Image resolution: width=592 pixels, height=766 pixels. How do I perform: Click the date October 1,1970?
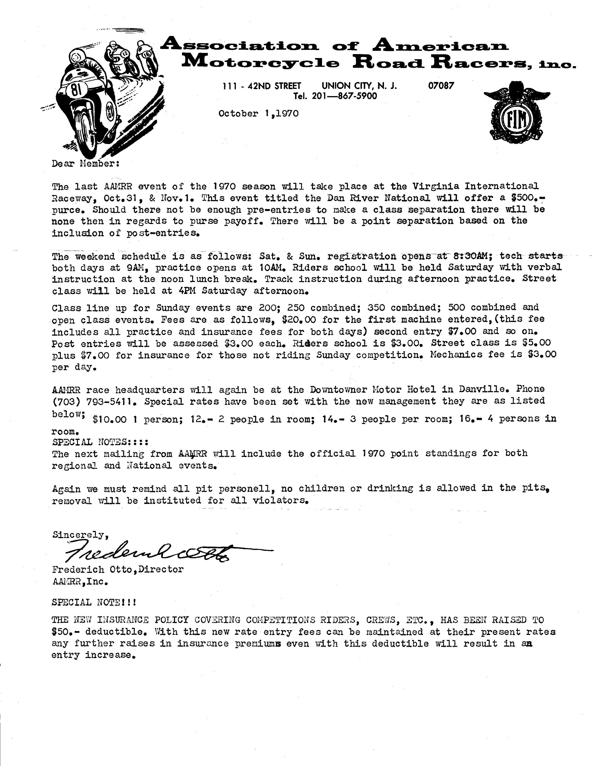coord(258,113)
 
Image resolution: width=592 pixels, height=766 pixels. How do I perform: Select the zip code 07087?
coord(441,86)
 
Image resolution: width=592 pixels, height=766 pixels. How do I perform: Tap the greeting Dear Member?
coord(86,163)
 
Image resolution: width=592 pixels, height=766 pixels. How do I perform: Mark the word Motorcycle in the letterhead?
coord(261,63)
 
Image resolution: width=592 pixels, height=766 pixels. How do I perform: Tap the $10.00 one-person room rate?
coord(109,419)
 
